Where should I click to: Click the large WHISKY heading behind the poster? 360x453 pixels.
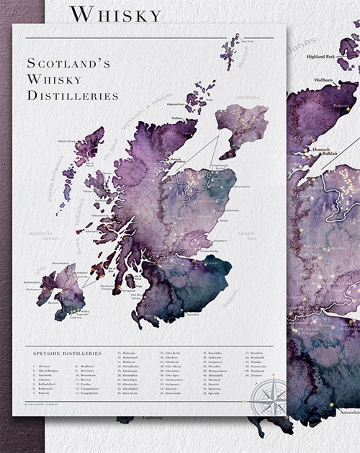click(x=116, y=13)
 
